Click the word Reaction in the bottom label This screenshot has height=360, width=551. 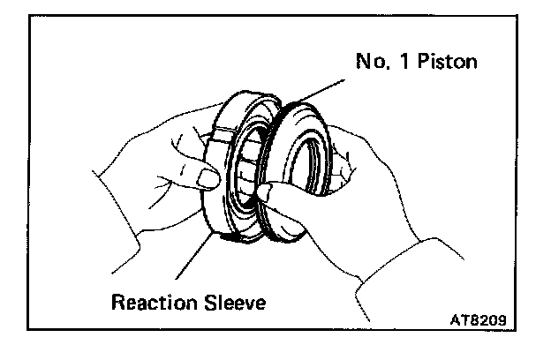pyautogui.click(x=152, y=304)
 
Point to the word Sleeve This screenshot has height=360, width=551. pyautogui.click(x=231, y=304)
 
